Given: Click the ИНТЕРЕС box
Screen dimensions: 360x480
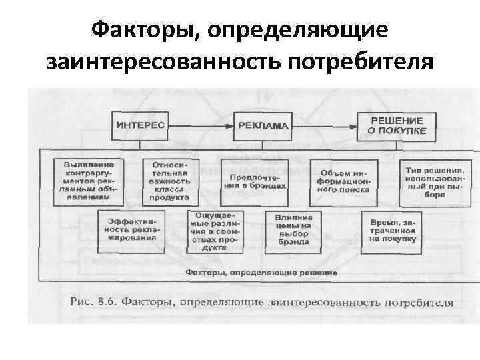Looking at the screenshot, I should pos(141,125).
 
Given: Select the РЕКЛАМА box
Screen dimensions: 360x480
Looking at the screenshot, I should pos(261,125).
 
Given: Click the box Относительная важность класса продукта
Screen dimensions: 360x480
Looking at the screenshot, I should pos(169,180).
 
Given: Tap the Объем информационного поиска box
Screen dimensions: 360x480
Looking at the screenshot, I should pos(343,180).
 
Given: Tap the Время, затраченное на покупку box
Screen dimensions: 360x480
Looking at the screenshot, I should pos(391,229).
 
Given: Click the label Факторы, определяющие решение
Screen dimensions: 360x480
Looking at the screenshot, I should pos(261,273).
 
